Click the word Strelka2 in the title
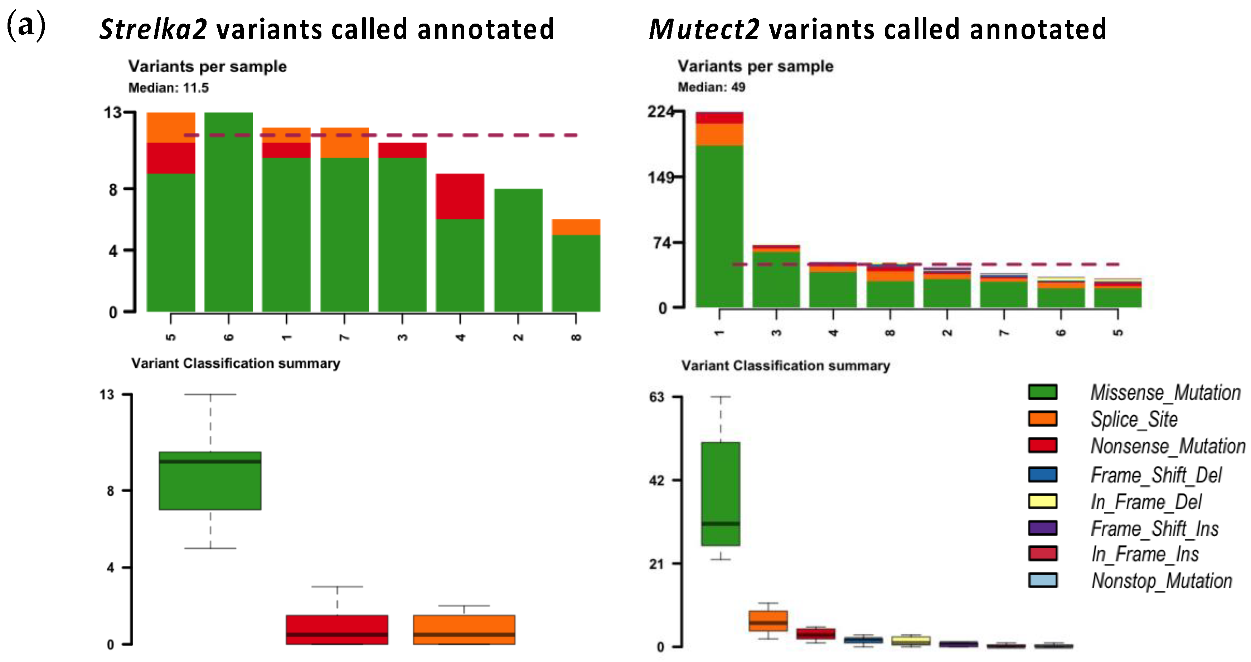pos(153,29)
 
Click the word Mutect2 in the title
pos(704,29)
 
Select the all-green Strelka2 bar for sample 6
pos(228,212)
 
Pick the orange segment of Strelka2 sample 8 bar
pos(576,227)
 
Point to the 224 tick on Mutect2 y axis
pos(660,112)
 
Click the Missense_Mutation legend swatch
pos(1042,392)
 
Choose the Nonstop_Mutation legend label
pos(1162,581)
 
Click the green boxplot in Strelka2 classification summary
pos(210,480)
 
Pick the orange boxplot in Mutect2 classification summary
pos(768,621)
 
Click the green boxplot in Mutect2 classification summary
pos(720,494)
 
